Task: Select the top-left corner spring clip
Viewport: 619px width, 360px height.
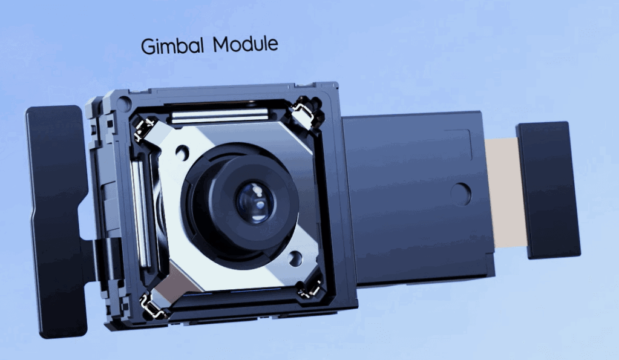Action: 145,129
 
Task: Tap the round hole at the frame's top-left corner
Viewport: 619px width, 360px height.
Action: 124,105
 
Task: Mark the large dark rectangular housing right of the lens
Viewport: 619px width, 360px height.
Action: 411,200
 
